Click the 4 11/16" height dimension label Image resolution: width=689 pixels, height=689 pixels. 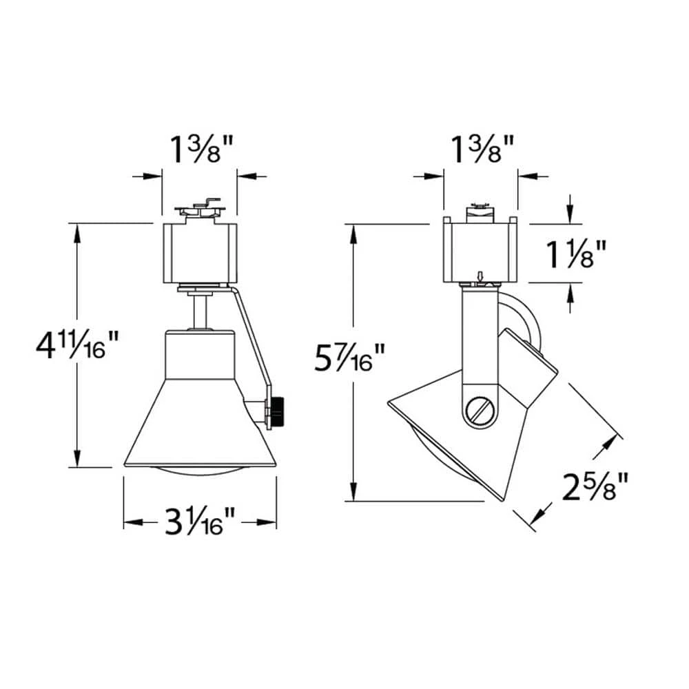(x=77, y=345)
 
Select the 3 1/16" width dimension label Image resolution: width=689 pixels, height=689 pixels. (x=200, y=522)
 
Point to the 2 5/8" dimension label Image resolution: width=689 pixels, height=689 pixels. (x=595, y=486)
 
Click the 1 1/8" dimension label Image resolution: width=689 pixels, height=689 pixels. (x=576, y=254)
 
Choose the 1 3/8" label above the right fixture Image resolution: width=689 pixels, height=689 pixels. (x=482, y=150)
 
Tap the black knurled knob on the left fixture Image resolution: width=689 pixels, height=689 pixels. (x=277, y=411)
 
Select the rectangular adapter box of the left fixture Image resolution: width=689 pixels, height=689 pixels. (x=200, y=253)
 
